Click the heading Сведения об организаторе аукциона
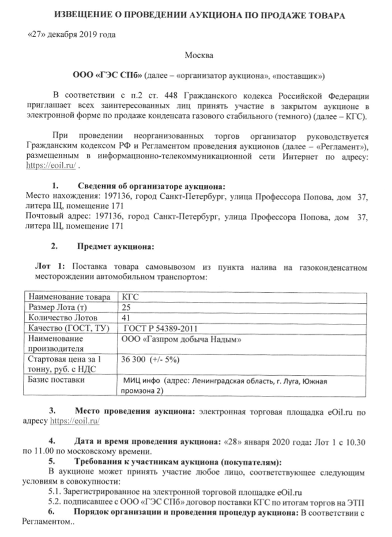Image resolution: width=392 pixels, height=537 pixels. point(152,186)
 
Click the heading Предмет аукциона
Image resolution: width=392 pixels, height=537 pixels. point(116,247)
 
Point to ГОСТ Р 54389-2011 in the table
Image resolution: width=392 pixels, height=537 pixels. point(157,328)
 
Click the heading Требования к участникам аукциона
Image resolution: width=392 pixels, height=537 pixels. point(178,462)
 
